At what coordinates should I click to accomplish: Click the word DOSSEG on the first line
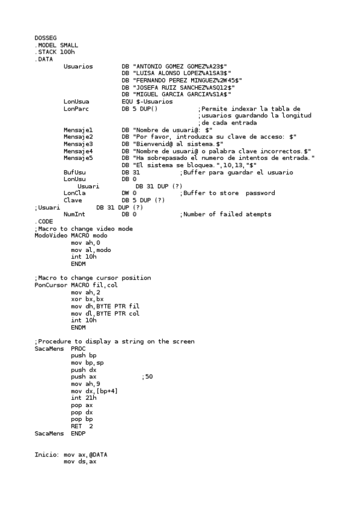point(45,37)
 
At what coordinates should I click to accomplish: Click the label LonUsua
point(76,102)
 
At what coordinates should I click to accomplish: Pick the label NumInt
point(75,214)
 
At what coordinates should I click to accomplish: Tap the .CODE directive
point(43,221)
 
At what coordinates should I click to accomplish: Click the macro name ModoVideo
point(49,236)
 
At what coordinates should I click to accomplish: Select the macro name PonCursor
point(49,285)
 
